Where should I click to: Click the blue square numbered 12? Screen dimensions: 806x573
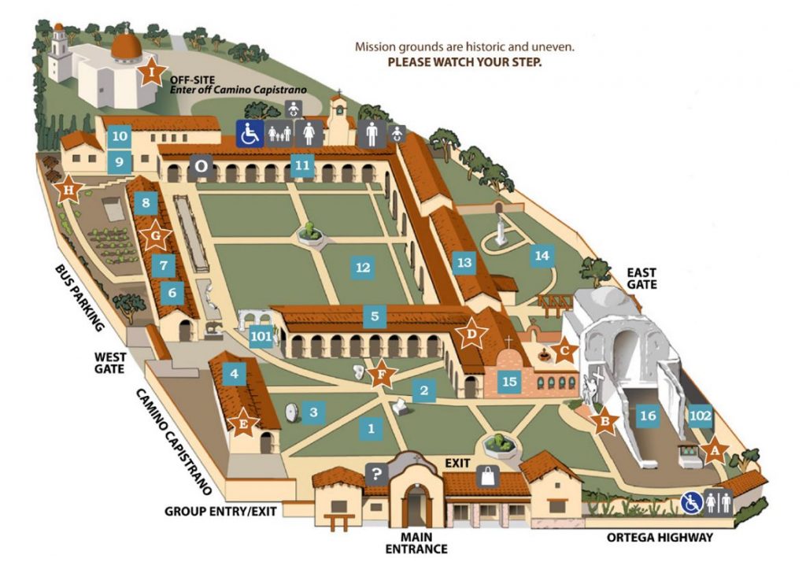[x=363, y=268]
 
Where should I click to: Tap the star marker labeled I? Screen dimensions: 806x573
[x=151, y=72]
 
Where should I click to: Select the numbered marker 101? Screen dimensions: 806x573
[x=261, y=336]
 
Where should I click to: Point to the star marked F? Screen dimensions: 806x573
[x=382, y=374]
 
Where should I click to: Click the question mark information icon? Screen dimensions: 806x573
[x=377, y=475]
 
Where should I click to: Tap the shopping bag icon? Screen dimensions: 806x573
[x=487, y=476]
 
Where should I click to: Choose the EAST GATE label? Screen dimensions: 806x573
[x=641, y=278]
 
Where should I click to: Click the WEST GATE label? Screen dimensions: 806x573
[x=109, y=362]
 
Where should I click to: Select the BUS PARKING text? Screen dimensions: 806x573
[x=79, y=298]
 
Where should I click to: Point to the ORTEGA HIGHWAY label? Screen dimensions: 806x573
[x=660, y=538]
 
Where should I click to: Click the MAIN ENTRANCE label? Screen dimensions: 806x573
[x=416, y=542]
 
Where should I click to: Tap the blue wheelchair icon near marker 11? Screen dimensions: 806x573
[x=250, y=134]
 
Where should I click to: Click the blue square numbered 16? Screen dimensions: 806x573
[x=649, y=415]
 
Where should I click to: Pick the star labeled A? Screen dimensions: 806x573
[x=714, y=451]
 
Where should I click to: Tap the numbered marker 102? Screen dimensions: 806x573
[x=700, y=415]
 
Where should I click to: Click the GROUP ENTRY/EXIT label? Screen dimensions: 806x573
[x=220, y=511]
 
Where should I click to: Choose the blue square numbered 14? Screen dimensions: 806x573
[x=542, y=255]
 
